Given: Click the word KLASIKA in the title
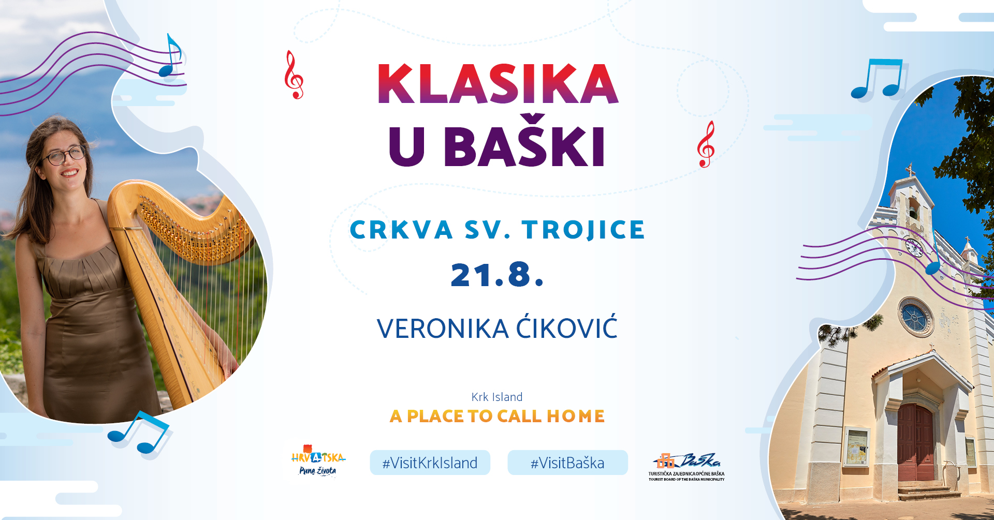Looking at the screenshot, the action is coord(498,84).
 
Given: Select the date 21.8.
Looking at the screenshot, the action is coord(497,274).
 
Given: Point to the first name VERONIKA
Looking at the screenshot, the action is coord(443,329).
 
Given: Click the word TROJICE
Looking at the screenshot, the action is coord(583,230).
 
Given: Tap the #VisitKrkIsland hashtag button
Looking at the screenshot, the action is coord(430,463).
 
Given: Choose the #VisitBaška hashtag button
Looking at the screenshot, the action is coord(567,463).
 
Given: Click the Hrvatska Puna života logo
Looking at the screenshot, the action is coord(318,460).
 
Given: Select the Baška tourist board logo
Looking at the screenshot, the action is coord(686,467).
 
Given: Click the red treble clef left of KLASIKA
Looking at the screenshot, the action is coord(294,75).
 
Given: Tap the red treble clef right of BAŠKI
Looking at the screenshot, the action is coord(706,144).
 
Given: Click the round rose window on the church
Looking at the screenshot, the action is coord(915,317).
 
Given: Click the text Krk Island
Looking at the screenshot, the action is coord(497,397).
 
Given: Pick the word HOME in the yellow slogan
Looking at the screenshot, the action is coord(576,416).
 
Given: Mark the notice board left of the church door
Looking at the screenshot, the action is coord(857,447).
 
